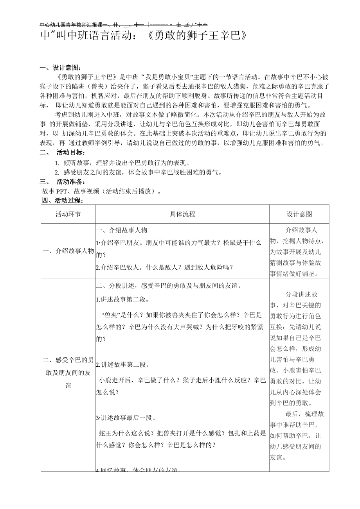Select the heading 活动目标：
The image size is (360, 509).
coord(71,152)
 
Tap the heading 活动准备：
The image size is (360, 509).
coord(71,181)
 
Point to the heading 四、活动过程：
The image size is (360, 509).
coord(63,201)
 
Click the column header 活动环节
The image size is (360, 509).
coord(68,214)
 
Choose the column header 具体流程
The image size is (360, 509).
coord(182,214)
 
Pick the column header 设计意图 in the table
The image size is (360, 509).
coord(299,214)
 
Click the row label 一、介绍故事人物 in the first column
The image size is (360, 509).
coord(68,251)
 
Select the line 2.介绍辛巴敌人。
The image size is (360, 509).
coord(164,267)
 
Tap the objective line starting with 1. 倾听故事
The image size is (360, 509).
coord(122,163)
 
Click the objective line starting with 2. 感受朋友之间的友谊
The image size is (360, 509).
coord(138,172)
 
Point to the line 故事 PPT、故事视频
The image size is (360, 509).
coord(101,191)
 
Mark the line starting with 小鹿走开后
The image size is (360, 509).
coord(182,380)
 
